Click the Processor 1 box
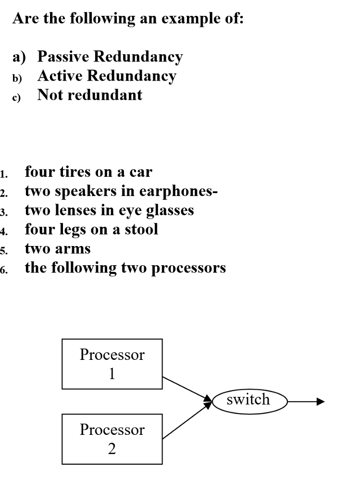tap(112, 364)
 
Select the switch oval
tap(248, 400)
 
